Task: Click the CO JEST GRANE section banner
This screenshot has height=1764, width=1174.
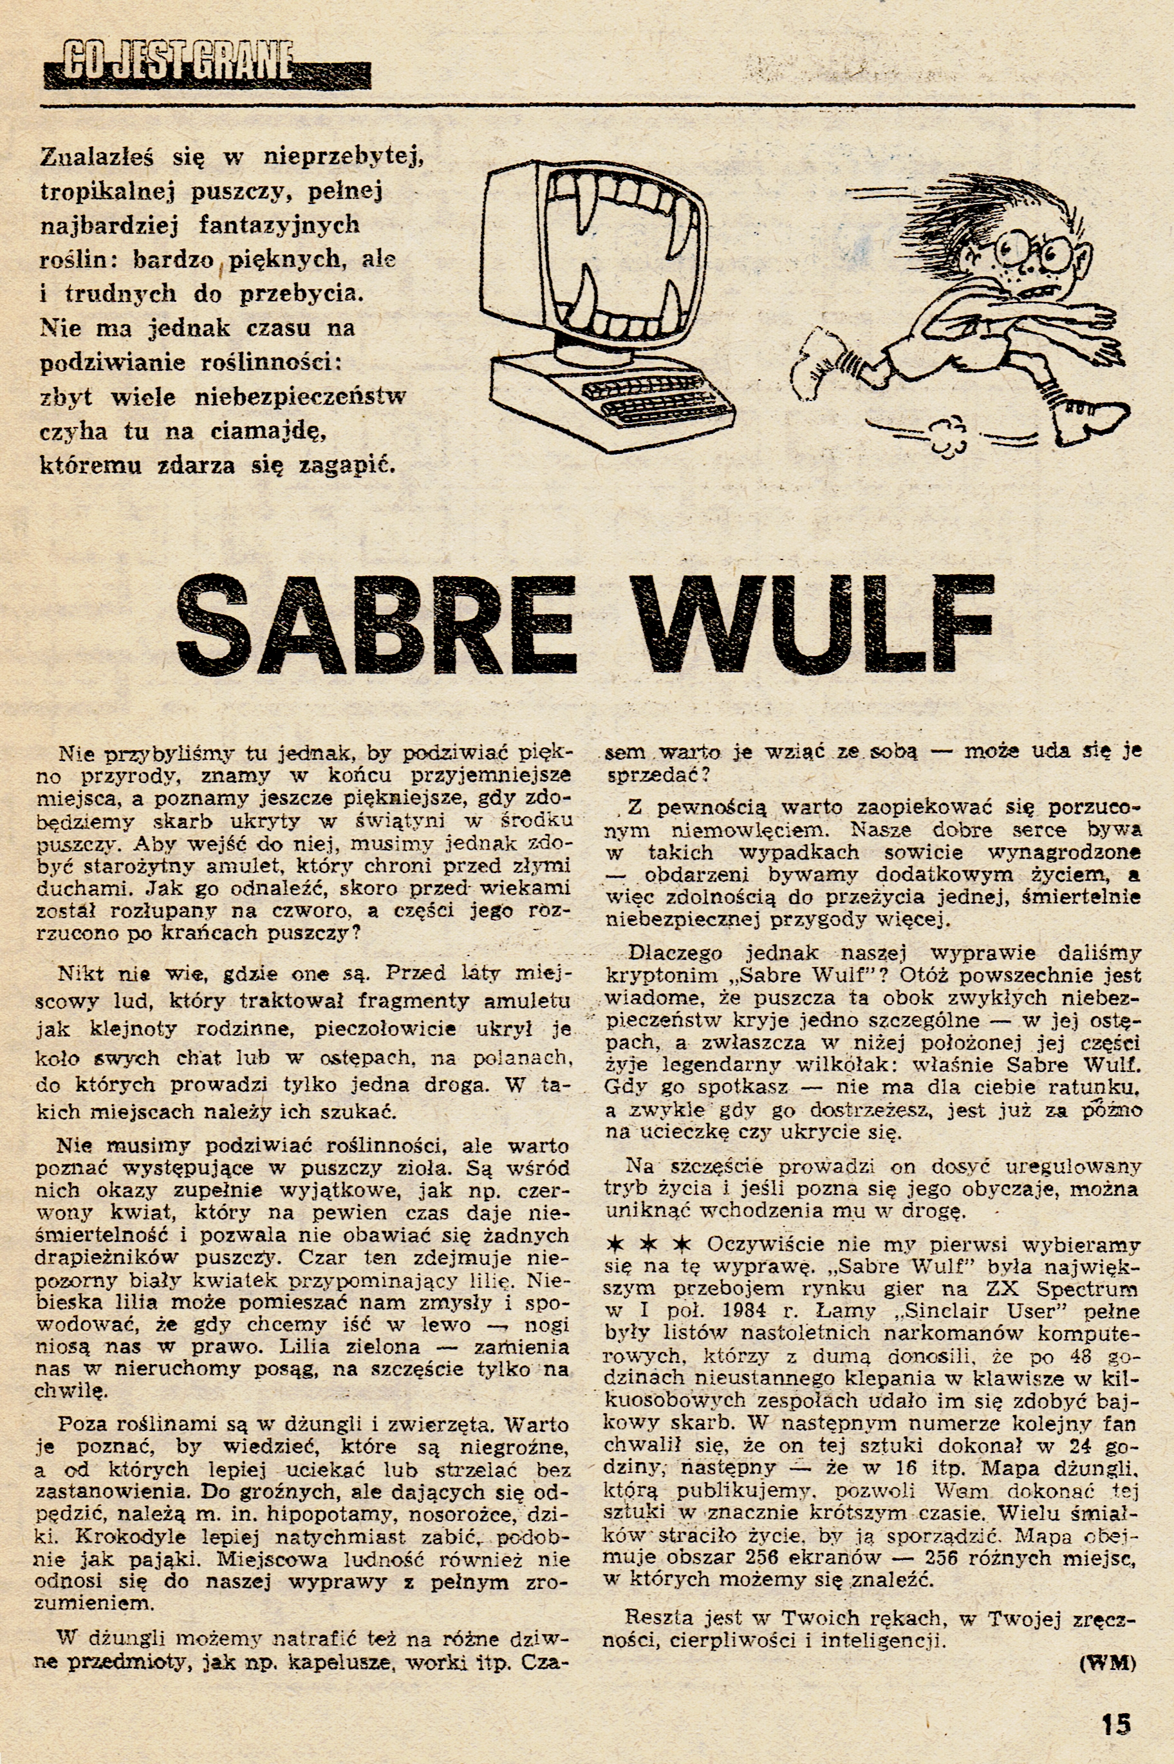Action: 207,72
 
